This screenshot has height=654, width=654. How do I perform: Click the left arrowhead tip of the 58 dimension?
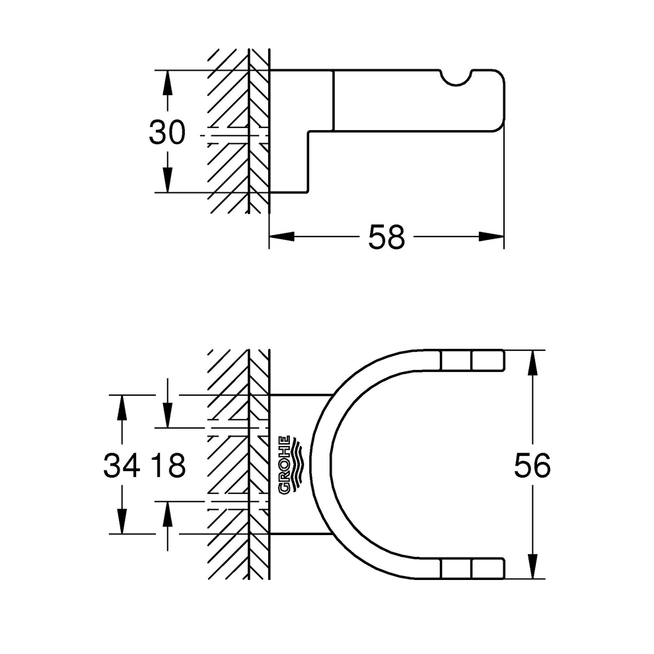click(270, 236)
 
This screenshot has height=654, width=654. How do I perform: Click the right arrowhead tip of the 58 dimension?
click(504, 236)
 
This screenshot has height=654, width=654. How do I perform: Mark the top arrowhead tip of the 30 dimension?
click(167, 70)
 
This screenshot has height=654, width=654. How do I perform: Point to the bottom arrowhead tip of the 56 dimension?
click(532, 578)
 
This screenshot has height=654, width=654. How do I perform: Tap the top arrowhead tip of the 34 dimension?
click(122, 395)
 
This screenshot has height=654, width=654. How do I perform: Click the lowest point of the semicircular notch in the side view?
click(456, 87)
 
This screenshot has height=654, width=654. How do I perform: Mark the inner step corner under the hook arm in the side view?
click(309, 132)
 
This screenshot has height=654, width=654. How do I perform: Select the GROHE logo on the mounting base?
click(292, 465)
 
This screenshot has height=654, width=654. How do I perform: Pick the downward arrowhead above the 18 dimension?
click(167, 415)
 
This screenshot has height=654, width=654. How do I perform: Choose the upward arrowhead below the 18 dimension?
click(167, 514)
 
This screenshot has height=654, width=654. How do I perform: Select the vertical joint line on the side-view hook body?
click(333, 100)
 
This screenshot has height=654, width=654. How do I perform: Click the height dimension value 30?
click(167, 133)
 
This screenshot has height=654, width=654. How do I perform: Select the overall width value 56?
click(532, 466)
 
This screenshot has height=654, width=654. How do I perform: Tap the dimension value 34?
click(122, 466)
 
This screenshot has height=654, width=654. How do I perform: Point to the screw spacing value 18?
click(168, 466)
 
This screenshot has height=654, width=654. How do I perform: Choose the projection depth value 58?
click(386, 237)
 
